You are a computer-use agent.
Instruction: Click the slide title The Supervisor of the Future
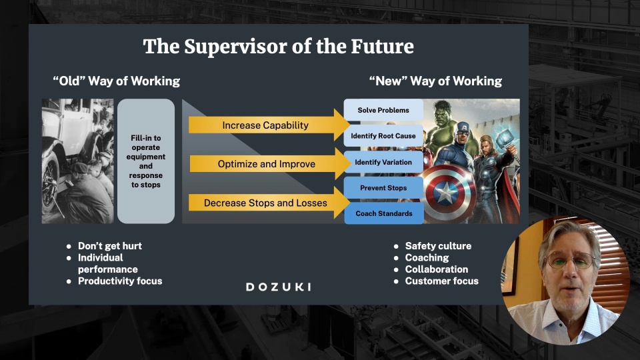(279, 46)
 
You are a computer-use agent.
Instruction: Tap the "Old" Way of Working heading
(116, 81)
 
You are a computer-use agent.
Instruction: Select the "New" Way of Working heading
(435, 81)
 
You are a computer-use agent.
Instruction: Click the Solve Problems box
(383, 110)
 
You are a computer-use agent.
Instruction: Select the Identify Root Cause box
(383, 136)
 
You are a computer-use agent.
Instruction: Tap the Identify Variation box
(383, 162)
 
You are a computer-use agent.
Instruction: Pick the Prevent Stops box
(383, 188)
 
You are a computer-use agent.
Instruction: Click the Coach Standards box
(384, 213)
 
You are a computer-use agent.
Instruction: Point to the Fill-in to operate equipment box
(146, 161)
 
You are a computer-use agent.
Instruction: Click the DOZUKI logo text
(279, 287)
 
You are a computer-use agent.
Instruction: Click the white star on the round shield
(446, 192)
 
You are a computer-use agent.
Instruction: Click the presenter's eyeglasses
(570, 260)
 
